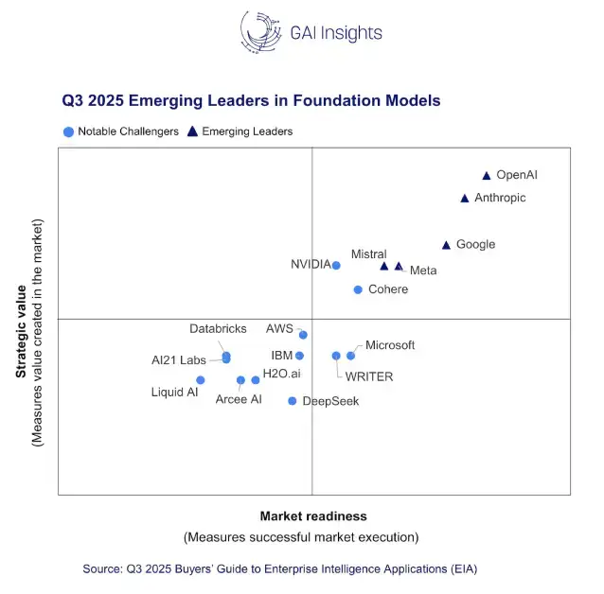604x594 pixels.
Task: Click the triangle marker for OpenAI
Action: (487, 176)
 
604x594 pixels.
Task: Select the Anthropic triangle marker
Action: (465, 199)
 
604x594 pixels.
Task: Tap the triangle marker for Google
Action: (447, 245)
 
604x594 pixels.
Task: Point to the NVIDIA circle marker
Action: (336, 266)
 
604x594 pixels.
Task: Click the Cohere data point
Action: (358, 289)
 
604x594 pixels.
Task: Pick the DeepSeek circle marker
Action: (293, 401)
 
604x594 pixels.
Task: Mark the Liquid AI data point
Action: (201, 380)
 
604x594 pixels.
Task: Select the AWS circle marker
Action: (303, 335)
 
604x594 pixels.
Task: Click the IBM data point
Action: (299, 356)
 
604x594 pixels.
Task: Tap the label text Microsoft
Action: (390, 345)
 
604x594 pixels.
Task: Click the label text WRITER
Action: (369, 376)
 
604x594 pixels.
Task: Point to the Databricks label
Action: (218, 329)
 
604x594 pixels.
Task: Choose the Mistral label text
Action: (368, 254)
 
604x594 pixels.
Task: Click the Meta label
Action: (423, 271)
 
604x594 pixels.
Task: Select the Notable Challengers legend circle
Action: (68, 132)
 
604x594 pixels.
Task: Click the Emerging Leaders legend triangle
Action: (192, 131)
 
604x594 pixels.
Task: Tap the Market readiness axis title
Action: (313, 516)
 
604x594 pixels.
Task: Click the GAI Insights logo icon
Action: (261, 31)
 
